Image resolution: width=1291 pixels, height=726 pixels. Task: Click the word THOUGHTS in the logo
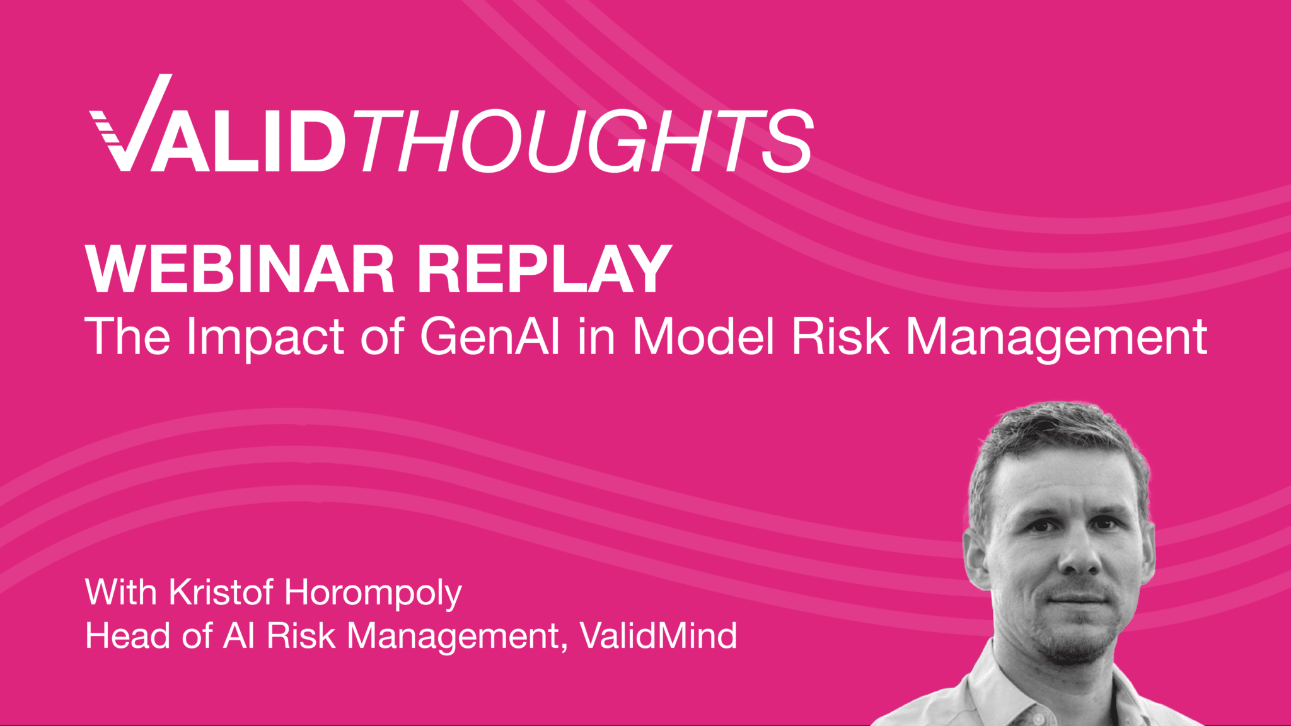coord(583,141)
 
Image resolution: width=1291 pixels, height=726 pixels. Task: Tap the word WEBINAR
coord(240,270)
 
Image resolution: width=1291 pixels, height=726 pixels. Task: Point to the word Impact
coord(265,338)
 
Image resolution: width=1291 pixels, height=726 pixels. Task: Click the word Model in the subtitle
coord(703,337)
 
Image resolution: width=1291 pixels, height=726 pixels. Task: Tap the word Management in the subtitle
coord(1056,338)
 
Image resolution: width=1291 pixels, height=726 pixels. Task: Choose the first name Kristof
coord(221,592)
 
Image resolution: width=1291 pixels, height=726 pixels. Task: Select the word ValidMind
coord(658,636)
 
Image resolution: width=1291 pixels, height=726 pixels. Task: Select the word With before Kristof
coord(120,592)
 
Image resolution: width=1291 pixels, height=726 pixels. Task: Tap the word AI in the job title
coord(239,636)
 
